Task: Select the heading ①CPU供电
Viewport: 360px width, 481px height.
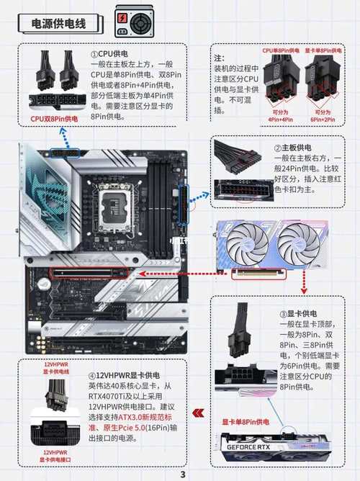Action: point(109,54)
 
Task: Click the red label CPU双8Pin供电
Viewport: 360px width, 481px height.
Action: point(54,118)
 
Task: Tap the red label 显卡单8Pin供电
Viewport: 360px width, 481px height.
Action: point(246,421)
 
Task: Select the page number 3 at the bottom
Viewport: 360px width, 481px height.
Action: point(182,474)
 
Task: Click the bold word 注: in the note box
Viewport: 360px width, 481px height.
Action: point(220,57)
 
